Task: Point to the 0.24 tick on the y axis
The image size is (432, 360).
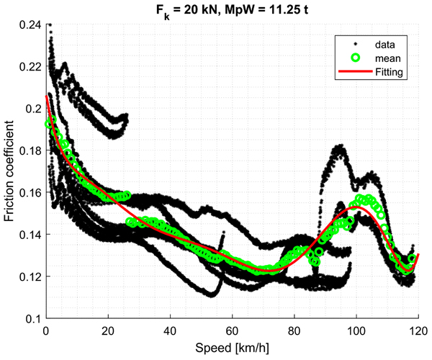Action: [30, 24]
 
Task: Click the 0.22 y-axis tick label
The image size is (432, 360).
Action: [30, 66]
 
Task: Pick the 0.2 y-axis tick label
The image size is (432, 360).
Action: [33, 109]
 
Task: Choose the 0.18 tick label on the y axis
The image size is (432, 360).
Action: [30, 150]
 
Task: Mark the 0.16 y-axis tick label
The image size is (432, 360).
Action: [30, 192]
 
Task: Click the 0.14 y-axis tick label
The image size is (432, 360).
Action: [30, 235]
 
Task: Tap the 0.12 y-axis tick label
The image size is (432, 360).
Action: [30, 276]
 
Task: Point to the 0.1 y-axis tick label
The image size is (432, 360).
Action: [33, 318]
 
